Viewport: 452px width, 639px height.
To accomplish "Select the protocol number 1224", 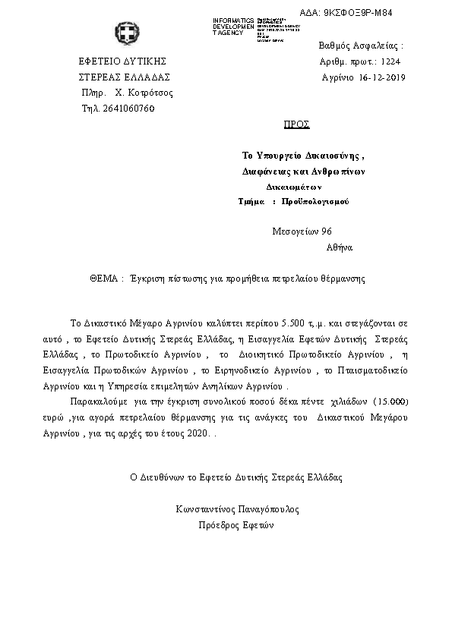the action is [389, 61].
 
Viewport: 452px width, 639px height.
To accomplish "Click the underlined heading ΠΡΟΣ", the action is [296, 123].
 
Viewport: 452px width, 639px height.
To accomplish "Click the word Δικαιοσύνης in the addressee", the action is [333, 156].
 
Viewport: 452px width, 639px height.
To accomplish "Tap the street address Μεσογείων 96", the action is [302, 231].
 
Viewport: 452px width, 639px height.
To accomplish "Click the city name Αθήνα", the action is [339, 247].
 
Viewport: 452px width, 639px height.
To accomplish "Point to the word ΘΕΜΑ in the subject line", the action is [103, 279].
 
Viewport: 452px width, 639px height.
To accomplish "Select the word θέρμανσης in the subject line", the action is [341, 279].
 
